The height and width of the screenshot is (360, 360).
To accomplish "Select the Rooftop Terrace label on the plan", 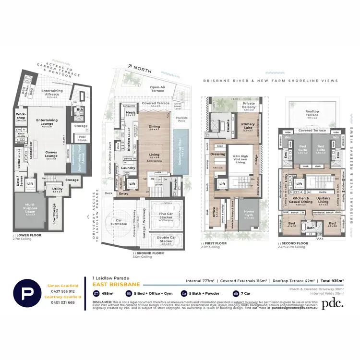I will coord(315,113).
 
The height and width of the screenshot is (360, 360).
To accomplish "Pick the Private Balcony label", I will coord(249,105).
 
